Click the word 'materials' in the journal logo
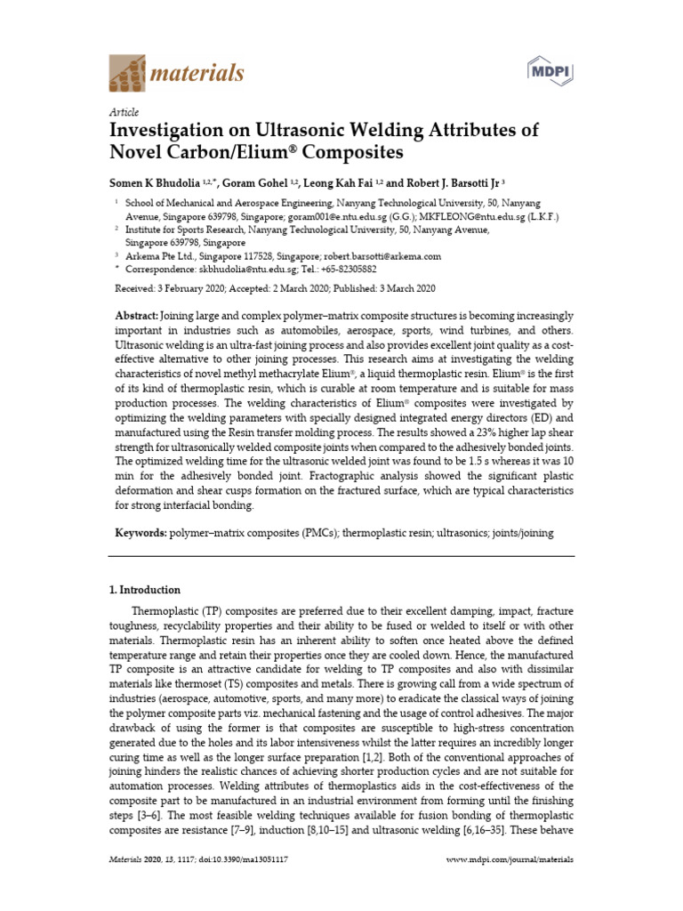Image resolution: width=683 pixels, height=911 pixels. [200, 73]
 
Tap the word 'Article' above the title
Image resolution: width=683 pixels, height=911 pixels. [124, 112]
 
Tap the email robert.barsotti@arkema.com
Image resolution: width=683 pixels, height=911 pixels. [385, 255]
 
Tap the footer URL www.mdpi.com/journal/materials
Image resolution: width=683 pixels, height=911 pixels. [508, 860]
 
